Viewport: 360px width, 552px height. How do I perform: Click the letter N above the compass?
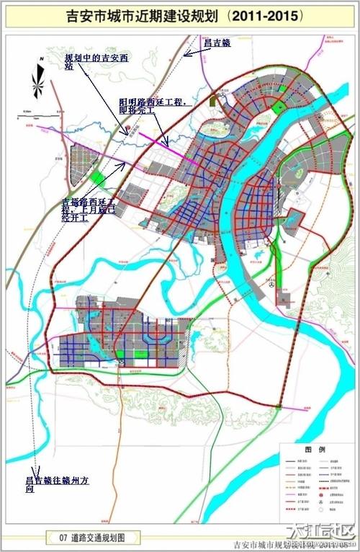coord(42,55)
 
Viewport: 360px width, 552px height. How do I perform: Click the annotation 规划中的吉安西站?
coord(94,62)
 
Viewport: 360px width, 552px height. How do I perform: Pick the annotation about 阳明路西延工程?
coord(155,108)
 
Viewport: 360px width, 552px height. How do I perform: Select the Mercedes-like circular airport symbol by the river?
coord(271,285)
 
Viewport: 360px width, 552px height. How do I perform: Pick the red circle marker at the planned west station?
coord(127,130)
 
